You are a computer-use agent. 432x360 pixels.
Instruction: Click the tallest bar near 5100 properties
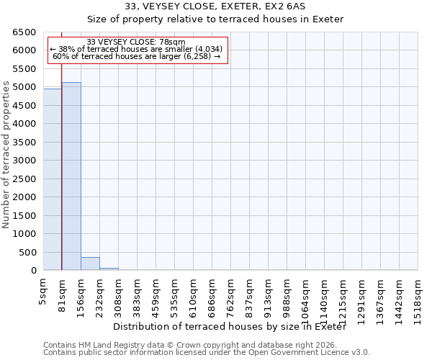coord(71,176)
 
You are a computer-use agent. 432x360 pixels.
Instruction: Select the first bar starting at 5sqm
coord(53,179)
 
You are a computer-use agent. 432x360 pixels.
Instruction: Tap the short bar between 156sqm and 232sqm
coord(90,264)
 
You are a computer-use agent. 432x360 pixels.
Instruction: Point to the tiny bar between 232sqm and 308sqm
coord(109,269)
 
